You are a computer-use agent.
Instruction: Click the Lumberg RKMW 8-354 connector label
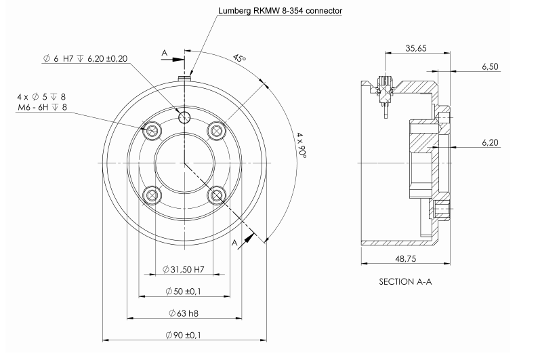[271, 11]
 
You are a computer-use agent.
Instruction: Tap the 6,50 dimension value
[490, 67]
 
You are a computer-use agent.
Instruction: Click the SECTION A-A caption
[405, 281]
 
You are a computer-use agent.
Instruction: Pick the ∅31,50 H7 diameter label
[184, 270]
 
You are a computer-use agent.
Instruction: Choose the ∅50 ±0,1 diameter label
[184, 292]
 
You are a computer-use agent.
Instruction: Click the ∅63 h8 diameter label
[184, 313]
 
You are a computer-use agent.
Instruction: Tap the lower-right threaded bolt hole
[217, 196]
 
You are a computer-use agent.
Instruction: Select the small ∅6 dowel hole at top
[184, 117]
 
